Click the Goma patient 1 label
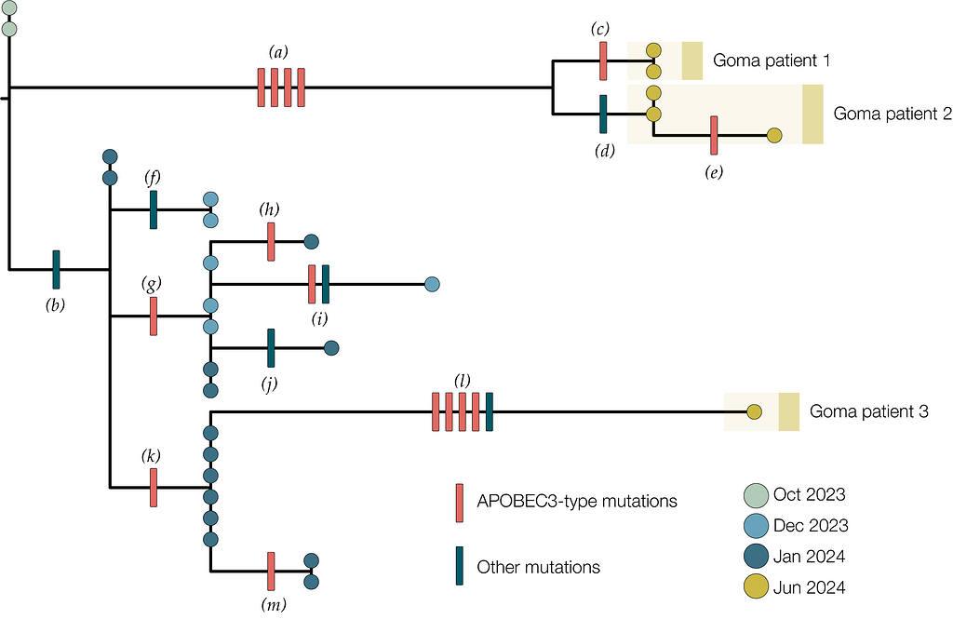coord(772,61)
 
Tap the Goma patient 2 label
coord(893,114)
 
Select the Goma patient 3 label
coord(869,411)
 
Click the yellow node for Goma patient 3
coord(754,411)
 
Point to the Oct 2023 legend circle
coord(756,495)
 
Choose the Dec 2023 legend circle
coord(756,526)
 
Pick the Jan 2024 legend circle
coord(756,557)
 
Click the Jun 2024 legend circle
coord(756,588)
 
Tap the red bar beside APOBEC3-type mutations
coord(460,503)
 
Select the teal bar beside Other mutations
coord(460,566)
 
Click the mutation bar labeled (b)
coord(56,269)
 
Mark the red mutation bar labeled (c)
coord(603,61)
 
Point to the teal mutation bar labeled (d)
coord(603,114)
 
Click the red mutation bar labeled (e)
coord(714,135)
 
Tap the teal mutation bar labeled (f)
coord(154,209)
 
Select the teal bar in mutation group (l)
coord(490,412)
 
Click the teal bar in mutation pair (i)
coord(325,284)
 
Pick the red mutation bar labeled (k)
coord(154,488)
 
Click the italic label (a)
coord(278,52)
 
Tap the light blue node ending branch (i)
coord(432,284)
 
